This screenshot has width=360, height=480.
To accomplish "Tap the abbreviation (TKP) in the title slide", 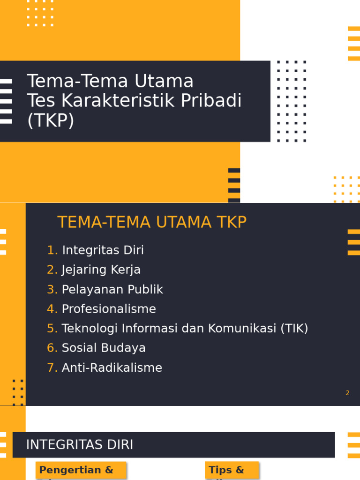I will (x=51, y=120).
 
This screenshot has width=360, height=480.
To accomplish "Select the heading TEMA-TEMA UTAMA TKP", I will (x=152, y=222).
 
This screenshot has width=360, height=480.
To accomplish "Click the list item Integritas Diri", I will (x=103, y=250).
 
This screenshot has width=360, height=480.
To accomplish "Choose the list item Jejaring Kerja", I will (x=101, y=270).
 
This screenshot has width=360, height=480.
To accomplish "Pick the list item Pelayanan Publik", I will (x=112, y=290).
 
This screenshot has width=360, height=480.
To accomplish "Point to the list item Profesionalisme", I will (x=109, y=309).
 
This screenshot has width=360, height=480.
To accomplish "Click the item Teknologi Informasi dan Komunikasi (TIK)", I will (x=185, y=329).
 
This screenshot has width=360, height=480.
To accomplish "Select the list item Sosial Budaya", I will (x=104, y=348).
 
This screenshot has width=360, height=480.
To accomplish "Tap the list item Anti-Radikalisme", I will (x=112, y=368).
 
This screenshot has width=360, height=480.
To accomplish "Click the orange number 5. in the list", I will (x=52, y=329).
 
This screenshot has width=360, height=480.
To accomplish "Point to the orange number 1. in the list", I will (x=52, y=250).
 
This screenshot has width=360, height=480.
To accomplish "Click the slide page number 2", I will (x=347, y=393).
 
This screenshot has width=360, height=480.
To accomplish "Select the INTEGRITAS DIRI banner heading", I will (x=80, y=445).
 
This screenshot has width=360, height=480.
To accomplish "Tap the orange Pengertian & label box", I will (x=81, y=470).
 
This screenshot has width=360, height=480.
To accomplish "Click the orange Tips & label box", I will (x=232, y=470).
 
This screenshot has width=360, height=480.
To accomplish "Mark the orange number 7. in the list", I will (x=52, y=368).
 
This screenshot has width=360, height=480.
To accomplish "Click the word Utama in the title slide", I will (x=164, y=81).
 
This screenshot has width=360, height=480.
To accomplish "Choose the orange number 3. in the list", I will (x=52, y=290).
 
